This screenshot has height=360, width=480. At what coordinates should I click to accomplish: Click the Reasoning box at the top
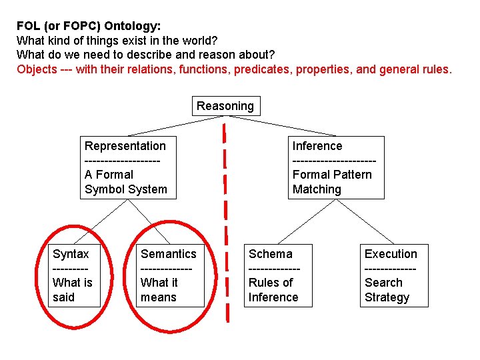(225, 106)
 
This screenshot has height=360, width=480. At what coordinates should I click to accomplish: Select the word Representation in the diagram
(125, 146)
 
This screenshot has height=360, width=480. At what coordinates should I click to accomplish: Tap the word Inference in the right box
(317, 146)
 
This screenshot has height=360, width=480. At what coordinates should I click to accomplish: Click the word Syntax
(71, 254)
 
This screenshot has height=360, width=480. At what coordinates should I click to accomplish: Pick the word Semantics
(169, 254)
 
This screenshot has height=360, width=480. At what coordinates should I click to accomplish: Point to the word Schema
(271, 254)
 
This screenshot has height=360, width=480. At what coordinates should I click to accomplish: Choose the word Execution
(391, 254)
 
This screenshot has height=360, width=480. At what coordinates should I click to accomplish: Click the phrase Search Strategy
(387, 290)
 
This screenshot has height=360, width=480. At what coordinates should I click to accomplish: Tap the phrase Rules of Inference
(273, 290)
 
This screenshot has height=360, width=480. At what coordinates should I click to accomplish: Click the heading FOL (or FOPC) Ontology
(88, 27)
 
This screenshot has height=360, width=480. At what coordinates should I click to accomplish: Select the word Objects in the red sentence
(37, 69)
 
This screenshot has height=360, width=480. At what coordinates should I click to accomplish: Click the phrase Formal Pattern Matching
(332, 182)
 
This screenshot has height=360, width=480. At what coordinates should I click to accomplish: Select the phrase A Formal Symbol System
(126, 182)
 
